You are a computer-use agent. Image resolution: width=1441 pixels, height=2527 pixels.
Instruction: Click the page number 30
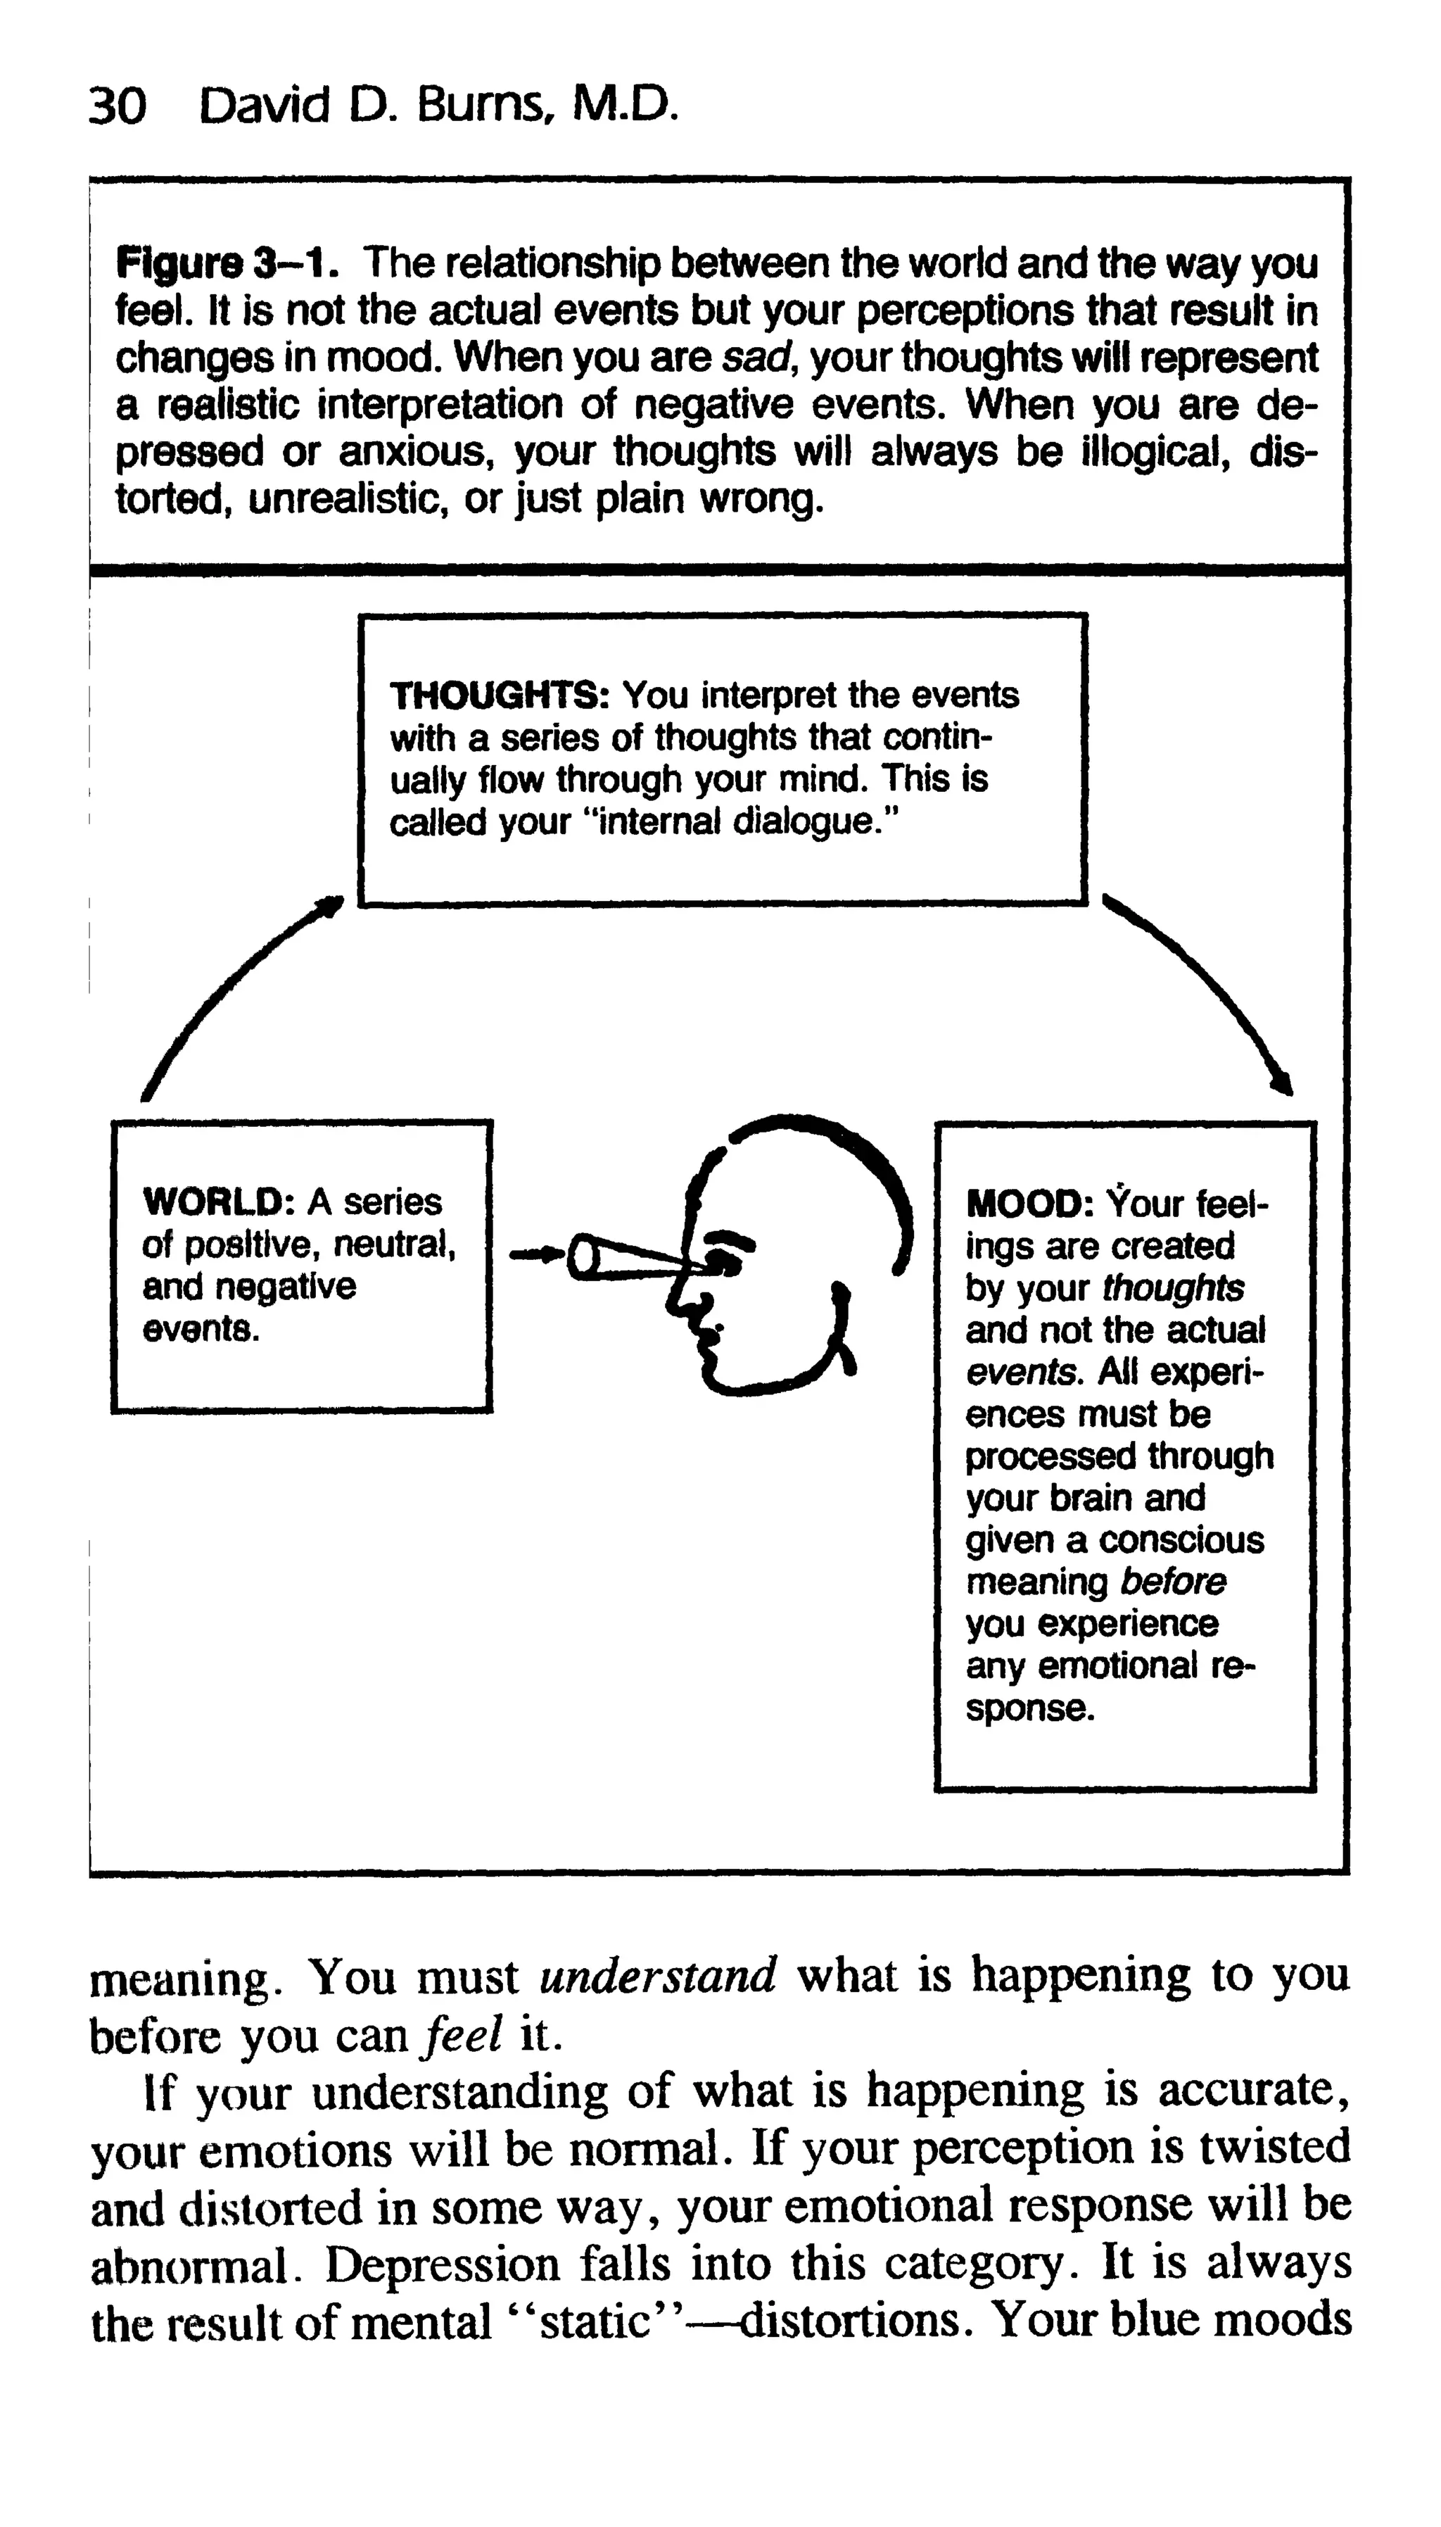[x=117, y=106]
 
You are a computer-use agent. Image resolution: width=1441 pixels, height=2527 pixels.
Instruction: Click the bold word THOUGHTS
[x=498, y=696]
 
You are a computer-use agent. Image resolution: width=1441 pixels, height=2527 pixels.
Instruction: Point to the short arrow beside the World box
[x=535, y=1255]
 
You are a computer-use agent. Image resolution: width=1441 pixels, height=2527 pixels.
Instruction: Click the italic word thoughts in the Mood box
[x=1173, y=1287]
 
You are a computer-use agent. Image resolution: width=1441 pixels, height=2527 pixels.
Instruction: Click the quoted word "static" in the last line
[x=592, y=2322]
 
